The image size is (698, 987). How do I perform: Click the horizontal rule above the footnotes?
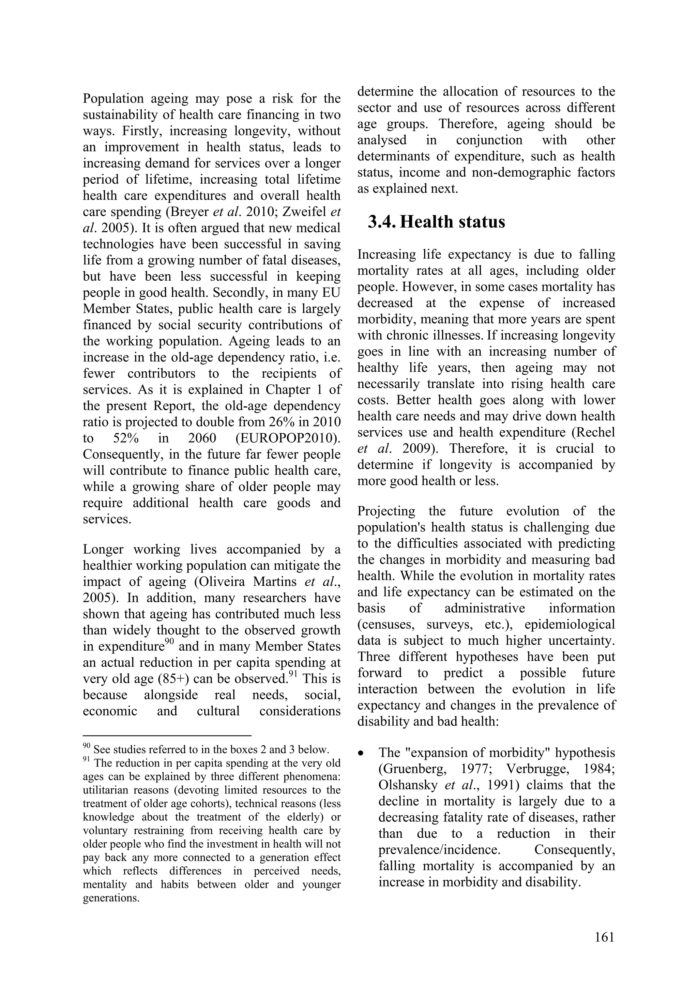167,736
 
